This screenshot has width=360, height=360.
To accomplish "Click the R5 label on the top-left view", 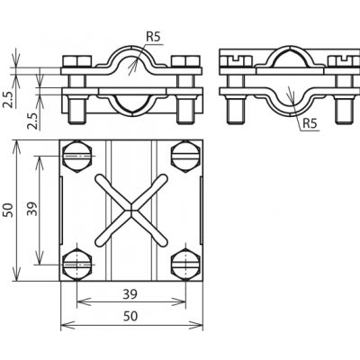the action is pyautogui.click(x=153, y=37).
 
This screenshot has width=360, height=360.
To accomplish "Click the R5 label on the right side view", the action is pyautogui.click(x=310, y=123).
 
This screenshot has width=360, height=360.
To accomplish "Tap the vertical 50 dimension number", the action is pyautogui.click(x=8, y=210).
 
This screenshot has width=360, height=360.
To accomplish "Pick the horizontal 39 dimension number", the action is pyautogui.click(x=130, y=294).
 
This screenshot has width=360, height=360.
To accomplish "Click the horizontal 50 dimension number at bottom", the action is pyautogui.click(x=130, y=316).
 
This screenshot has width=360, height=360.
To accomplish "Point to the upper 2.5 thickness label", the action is pyautogui.click(x=8, y=99).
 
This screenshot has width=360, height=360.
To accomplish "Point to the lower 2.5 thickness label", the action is pyautogui.click(x=33, y=121).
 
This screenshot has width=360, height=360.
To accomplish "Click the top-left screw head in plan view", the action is pyautogui.click(x=77, y=157).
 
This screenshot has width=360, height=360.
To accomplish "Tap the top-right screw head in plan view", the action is pyautogui.click(x=185, y=157).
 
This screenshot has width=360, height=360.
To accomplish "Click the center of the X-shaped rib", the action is pyautogui.click(x=131, y=210).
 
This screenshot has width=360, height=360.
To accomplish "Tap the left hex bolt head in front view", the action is pyautogui.click(x=77, y=61).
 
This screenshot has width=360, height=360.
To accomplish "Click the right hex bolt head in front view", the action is pyautogui.click(x=185, y=61).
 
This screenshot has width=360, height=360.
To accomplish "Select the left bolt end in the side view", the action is pyautogui.click(x=235, y=110).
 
